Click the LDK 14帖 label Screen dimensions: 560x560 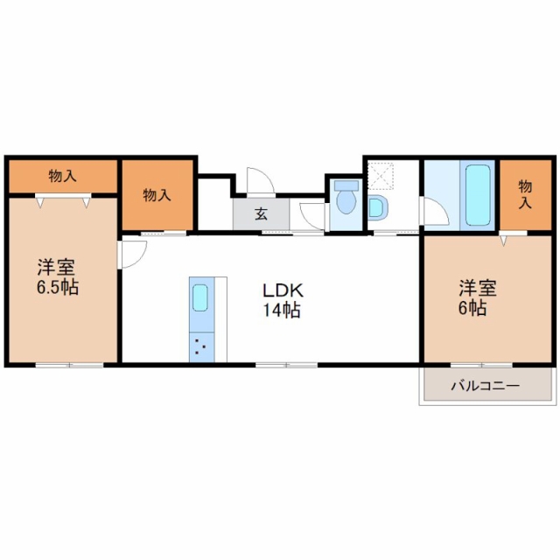click(x=282, y=300)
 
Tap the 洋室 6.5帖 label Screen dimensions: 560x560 click(x=58, y=276)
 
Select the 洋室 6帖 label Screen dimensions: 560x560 click(x=477, y=298)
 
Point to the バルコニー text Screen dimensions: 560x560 click(x=486, y=386)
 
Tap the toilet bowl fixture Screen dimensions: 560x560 click(x=346, y=202)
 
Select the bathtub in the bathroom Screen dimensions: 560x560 click(x=478, y=195)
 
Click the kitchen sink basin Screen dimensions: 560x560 click(x=200, y=297)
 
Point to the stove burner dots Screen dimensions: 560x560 click(x=200, y=346)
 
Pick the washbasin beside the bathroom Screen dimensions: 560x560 click(x=377, y=208)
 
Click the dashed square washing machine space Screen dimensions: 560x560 click(x=381, y=175)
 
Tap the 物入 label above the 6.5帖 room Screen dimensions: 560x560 click(x=62, y=176)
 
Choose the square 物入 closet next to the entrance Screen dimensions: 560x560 click(x=157, y=195)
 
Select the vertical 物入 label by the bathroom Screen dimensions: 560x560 click(x=525, y=194)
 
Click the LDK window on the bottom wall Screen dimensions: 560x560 click(x=286, y=365)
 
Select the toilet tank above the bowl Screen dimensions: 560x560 click(x=346, y=185)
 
